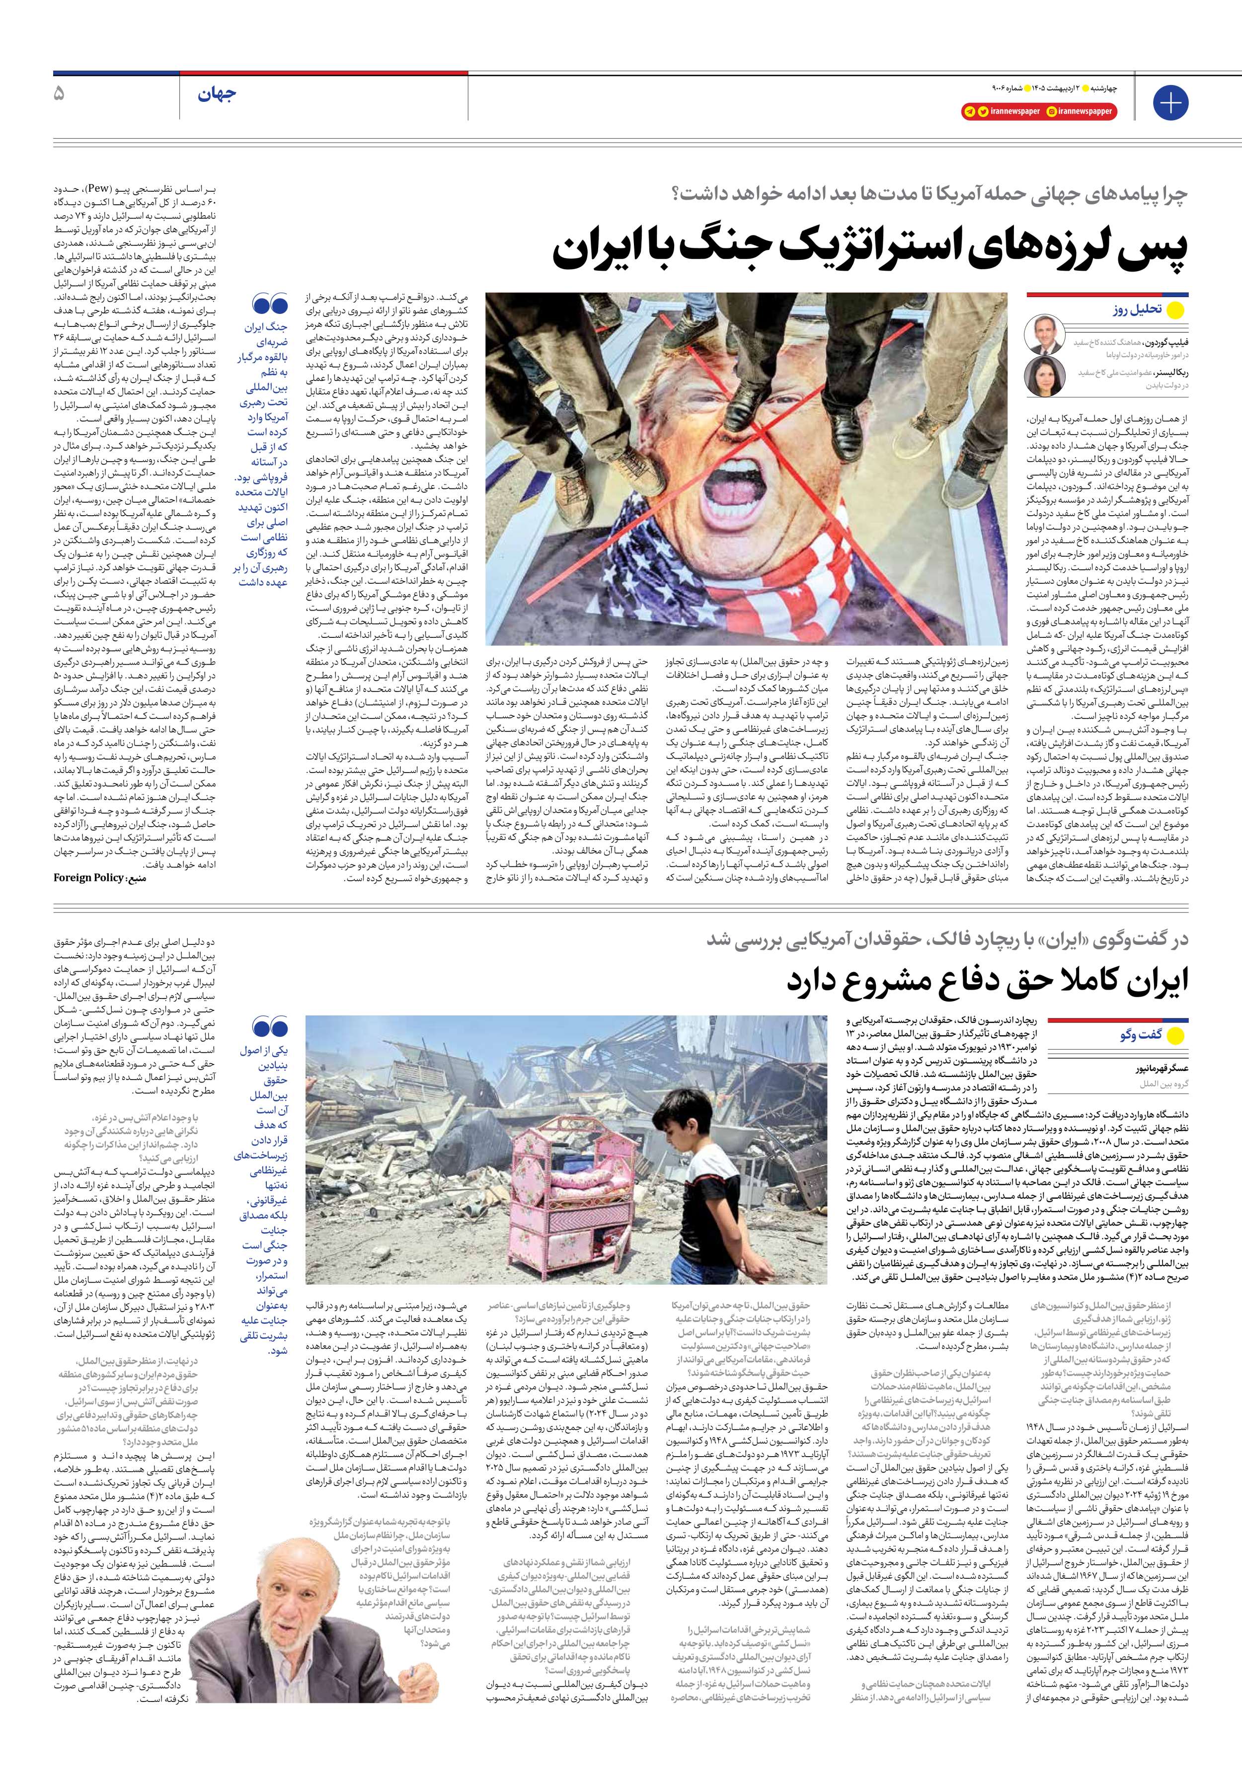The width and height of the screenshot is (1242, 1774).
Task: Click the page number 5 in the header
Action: [x=59, y=94]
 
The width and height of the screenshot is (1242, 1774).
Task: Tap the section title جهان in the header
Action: [x=217, y=95]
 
